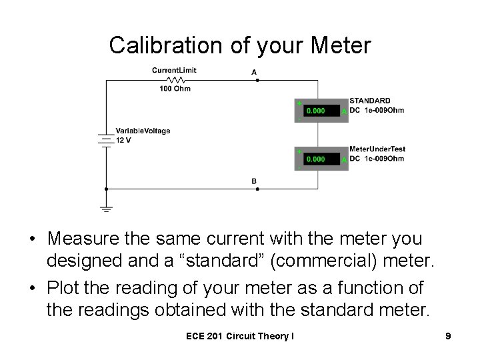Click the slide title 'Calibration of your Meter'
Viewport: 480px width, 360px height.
click(x=240, y=45)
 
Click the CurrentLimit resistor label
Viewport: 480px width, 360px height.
click(x=174, y=70)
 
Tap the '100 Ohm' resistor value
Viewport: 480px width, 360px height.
click(x=175, y=88)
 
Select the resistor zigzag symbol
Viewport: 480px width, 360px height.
click(x=174, y=79)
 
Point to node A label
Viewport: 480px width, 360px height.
click(x=254, y=71)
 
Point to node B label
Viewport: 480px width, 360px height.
click(x=254, y=181)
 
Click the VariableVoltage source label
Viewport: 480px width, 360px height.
click(x=143, y=131)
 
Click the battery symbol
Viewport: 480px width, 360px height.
click(x=105, y=140)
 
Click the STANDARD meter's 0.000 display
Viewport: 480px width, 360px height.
click(x=316, y=111)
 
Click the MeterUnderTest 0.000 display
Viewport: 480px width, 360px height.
click(x=316, y=159)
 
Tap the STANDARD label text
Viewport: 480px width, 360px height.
click(x=370, y=101)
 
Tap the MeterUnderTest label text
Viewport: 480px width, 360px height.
click(x=377, y=149)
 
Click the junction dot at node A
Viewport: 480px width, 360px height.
click(x=257, y=80)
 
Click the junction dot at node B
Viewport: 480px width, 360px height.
click(x=257, y=189)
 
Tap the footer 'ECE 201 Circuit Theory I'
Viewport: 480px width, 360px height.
click(x=240, y=337)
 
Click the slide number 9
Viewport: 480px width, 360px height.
click(x=448, y=337)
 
